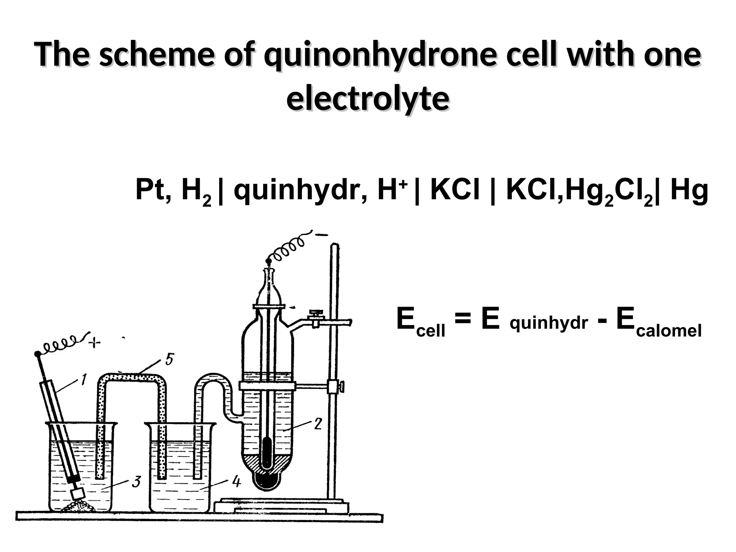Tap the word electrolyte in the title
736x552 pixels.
[368, 99]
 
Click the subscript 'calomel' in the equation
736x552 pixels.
[668, 331]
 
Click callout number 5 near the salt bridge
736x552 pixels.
[170, 359]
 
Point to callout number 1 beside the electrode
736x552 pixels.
[83, 380]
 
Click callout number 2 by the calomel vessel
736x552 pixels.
[318, 424]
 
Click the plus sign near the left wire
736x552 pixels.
[95, 343]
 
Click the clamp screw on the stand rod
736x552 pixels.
[341, 387]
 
